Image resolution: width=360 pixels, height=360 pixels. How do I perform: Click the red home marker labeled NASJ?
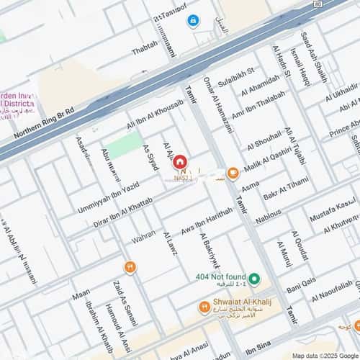click(x=180, y=163)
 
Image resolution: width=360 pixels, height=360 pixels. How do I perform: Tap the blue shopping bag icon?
click(x=193, y=21)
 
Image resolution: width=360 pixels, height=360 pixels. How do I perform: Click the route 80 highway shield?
click(x=318, y=4)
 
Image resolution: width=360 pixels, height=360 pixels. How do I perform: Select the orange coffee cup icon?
click(x=233, y=173)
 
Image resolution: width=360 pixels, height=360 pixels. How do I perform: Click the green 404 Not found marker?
click(x=255, y=279)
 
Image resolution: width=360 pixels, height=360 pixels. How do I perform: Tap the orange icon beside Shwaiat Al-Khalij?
click(x=204, y=307)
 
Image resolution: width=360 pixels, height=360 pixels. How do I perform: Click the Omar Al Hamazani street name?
click(x=218, y=104)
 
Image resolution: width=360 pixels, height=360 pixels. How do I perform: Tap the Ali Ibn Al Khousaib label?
click(x=155, y=115)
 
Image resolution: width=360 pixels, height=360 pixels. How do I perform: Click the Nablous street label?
click(x=269, y=215)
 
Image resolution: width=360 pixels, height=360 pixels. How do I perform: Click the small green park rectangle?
click(x=123, y=146)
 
